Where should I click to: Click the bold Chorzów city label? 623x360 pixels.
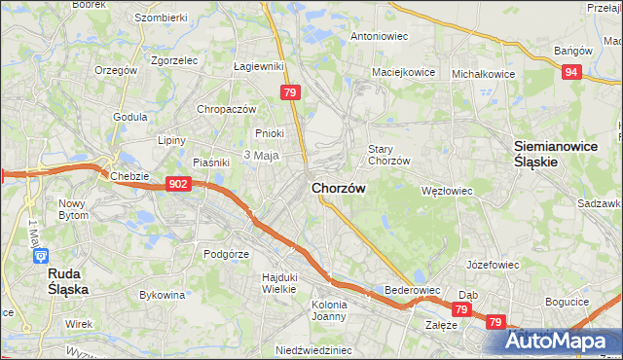tap(339, 189)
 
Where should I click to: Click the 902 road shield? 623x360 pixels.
tap(177, 184)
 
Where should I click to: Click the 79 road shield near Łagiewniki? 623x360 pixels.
tap(289, 92)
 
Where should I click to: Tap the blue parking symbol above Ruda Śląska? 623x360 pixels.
tap(41, 256)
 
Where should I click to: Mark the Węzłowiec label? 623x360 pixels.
tap(446, 191)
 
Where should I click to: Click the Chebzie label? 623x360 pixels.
tap(130, 176)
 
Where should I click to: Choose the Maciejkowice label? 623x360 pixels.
tap(401, 72)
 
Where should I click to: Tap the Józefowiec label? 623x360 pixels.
tap(492, 264)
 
